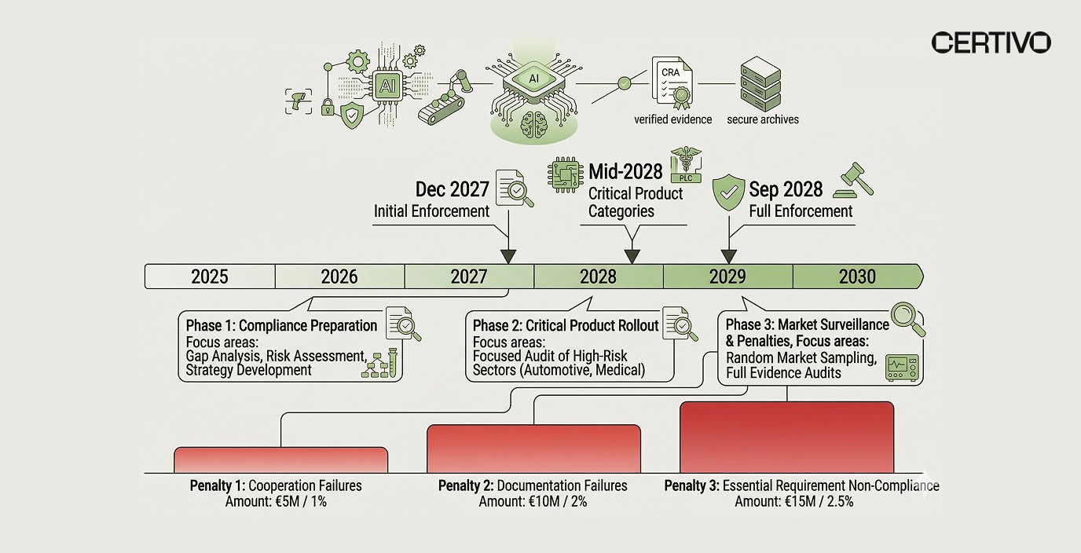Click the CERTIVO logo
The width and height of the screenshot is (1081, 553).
[991, 42]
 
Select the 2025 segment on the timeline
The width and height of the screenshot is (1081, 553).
[210, 276]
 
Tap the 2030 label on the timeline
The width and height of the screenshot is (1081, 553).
[857, 276]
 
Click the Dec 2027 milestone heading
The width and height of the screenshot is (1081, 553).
[452, 189]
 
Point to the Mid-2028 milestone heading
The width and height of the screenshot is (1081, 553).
[625, 170]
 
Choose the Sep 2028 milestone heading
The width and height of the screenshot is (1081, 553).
[786, 189]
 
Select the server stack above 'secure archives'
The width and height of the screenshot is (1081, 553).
[760, 83]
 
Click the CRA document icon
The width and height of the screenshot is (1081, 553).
[672, 82]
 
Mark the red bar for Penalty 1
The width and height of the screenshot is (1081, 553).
[280, 460]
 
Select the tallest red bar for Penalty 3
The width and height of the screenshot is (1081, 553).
[786, 437]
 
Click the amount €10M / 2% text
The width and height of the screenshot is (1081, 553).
[533, 501]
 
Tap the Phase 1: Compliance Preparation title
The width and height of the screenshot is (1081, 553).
[281, 325]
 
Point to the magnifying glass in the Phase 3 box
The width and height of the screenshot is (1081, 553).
[907, 319]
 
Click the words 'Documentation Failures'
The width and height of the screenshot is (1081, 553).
[562, 485]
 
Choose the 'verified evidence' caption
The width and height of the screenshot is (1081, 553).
[673, 119]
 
